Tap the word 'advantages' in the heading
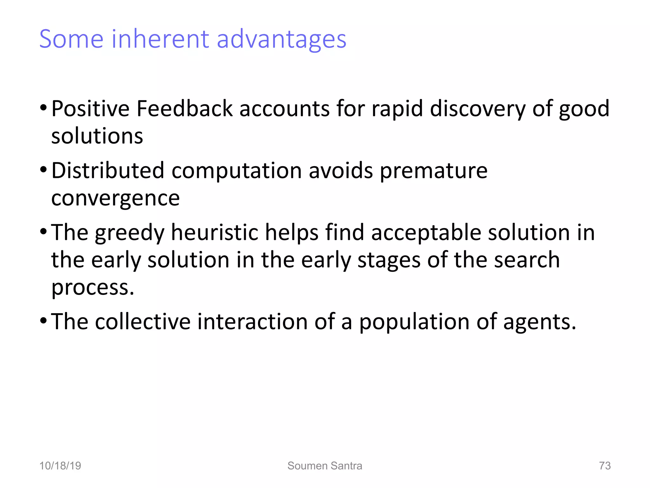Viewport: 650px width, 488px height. tap(281, 40)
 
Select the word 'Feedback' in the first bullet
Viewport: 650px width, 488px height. tap(184, 109)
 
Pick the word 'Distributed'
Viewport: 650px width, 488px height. tap(108, 171)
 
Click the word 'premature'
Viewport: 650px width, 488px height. tap(434, 171)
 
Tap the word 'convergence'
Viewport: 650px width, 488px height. tap(116, 198)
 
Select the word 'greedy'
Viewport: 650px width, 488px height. tap(129, 233)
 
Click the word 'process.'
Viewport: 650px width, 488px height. tap(93, 287)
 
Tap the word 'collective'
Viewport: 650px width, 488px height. tap(143, 322)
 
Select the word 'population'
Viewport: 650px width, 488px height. tap(414, 322)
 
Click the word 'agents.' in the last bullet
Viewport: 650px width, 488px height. tap(540, 322)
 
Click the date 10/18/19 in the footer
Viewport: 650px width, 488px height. tap(60, 466)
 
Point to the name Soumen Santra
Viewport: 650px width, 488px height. tap(325, 466)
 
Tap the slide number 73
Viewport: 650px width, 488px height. tap(605, 466)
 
